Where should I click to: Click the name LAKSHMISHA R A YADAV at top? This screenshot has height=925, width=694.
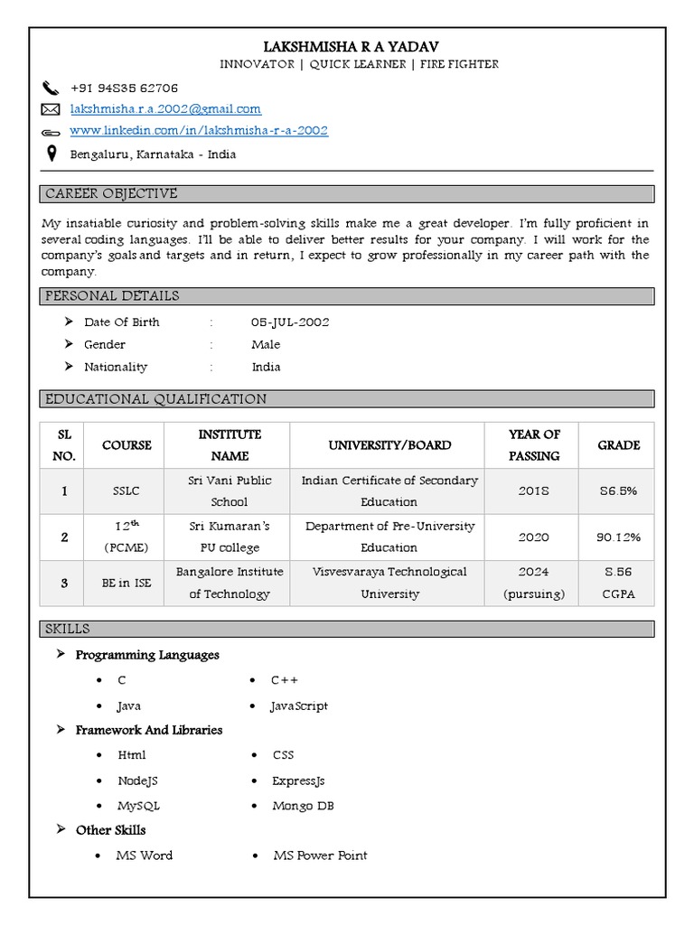pos(347,46)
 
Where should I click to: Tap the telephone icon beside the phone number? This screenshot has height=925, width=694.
pos(50,88)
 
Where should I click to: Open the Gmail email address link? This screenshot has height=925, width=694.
pos(165,109)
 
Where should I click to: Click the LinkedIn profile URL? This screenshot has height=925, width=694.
pos(199,131)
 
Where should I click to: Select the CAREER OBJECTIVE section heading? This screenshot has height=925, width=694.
pos(111,194)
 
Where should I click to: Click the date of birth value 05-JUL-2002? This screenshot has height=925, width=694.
pos(290,322)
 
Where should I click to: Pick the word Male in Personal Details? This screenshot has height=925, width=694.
pos(266,345)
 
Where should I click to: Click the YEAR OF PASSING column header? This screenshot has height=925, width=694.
pos(534,445)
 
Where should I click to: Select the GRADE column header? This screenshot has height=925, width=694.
pos(618,445)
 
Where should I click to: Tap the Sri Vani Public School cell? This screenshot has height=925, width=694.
pos(230,491)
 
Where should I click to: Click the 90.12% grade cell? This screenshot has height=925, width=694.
pos(618,537)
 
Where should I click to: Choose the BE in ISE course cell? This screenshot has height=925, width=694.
pos(127,584)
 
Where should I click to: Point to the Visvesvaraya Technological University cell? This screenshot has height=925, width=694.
pos(389,584)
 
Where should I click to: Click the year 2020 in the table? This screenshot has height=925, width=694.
pos(533,537)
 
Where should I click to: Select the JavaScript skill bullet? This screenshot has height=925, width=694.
pos(299,706)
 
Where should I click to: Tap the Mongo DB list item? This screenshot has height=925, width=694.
pos(303,806)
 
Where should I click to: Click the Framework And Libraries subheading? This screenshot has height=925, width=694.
pos(148,730)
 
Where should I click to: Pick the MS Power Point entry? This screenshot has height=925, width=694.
pos(320,855)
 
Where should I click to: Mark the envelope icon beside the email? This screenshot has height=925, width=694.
pos(50,109)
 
